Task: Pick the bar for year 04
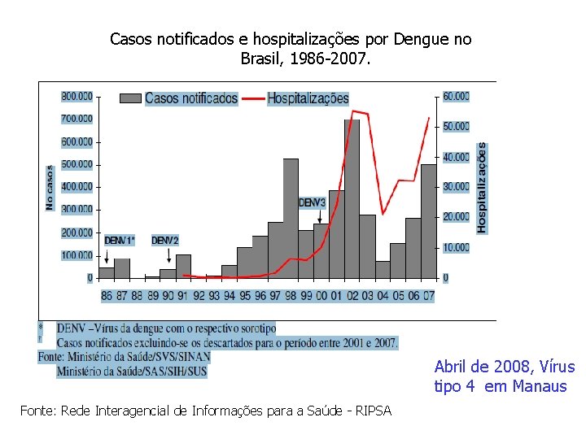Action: click(x=382, y=269)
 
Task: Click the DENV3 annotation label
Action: click(x=312, y=202)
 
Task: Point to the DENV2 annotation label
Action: click(x=164, y=241)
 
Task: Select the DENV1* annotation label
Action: click(x=120, y=241)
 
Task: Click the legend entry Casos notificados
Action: click(x=191, y=98)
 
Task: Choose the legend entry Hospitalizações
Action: click(x=308, y=98)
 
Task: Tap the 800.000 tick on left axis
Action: click(x=77, y=96)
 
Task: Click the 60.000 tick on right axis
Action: click(x=457, y=96)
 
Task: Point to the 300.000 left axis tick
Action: click(x=77, y=210)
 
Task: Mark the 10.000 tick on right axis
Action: click(x=457, y=247)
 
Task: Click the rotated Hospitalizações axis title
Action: click(x=482, y=188)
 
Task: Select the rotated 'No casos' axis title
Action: click(x=50, y=188)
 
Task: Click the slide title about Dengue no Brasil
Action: click(x=291, y=49)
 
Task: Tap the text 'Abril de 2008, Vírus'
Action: click(x=504, y=367)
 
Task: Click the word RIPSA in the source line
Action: click(x=374, y=411)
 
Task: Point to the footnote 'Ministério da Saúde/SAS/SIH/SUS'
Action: click(x=131, y=371)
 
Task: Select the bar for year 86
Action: click(x=106, y=272)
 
